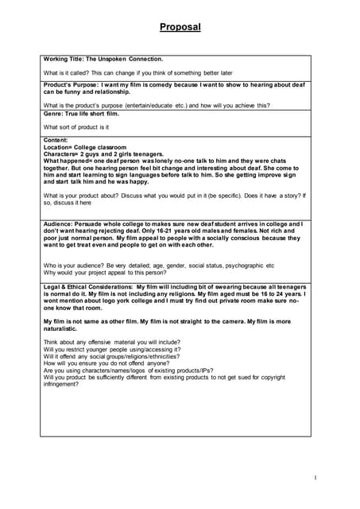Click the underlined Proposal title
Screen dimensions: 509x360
click(180, 27)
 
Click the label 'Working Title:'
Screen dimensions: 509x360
click(65, 59)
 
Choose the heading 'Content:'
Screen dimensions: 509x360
click(57, 139)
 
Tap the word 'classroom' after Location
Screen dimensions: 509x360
click(112, 146)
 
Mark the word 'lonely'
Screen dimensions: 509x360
click(157, 161)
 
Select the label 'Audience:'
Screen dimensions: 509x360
click(61, 224)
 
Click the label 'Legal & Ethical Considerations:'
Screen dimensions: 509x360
click(87, 286)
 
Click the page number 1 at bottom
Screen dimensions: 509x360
click(315, 478)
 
